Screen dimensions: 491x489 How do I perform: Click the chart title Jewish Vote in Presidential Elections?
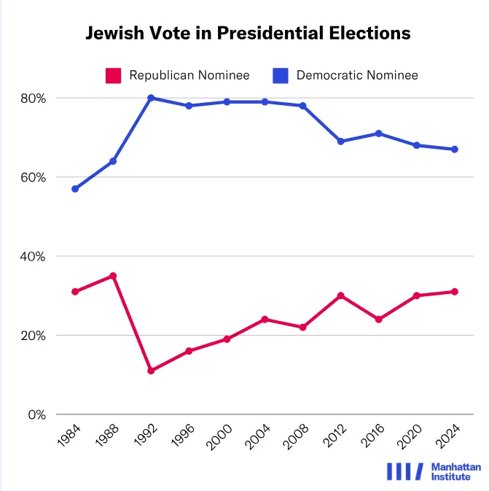(x=248, y=33)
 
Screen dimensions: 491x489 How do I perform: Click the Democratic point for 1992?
(x=151, y=98)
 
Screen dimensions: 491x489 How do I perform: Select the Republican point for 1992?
(x=151, y=371)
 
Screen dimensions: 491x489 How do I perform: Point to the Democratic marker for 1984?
(x=75, y=189)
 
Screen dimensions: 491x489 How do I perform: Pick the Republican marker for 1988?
(x=113, y=276)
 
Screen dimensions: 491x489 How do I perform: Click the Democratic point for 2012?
(x=340, y=142)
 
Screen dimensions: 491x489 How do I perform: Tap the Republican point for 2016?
(x=378, y=320)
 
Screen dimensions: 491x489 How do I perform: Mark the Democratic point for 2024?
(x=454, y=150)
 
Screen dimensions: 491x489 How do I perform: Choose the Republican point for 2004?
(x=265, y=320)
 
